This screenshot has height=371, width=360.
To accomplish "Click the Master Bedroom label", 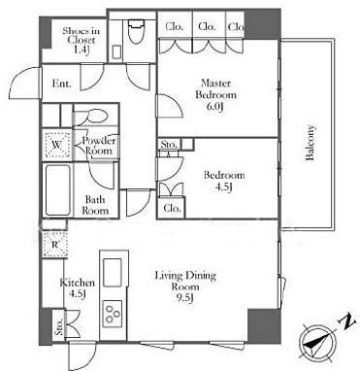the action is coord(215,95).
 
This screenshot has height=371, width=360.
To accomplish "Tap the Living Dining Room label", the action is coord(185,287).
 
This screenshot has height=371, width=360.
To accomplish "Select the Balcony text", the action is coord(311,143).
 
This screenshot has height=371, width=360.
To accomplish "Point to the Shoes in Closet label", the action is coord(81,40).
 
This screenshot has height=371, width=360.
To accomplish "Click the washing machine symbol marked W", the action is coord(57,145).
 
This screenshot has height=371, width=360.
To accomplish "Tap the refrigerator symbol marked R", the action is coord(55,245).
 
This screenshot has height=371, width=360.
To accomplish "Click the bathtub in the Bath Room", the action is coord(58,190).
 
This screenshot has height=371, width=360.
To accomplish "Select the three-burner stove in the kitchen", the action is coord(113,314).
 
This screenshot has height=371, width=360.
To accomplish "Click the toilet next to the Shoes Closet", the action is coord(136,32).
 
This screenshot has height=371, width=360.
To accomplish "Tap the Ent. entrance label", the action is coord(61,84).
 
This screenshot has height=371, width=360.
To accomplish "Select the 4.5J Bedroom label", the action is coord(224,181).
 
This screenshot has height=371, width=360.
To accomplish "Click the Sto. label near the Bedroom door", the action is coord(169,145).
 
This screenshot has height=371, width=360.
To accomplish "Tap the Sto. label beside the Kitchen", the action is coord(58,327).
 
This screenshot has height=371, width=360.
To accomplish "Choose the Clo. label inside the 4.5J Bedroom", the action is coord(172,208).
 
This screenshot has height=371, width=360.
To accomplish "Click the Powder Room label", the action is coord(99,146).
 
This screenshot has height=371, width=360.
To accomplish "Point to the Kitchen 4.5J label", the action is coord(78,288).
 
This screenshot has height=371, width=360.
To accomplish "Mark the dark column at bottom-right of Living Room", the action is coord(264,324).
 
